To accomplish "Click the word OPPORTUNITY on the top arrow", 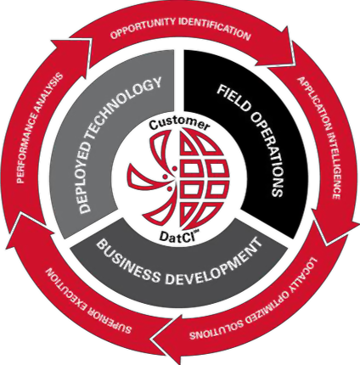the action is click(143, 27).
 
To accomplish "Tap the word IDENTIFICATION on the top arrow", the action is click(215, 28).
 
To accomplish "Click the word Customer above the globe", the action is click(180, 124).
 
